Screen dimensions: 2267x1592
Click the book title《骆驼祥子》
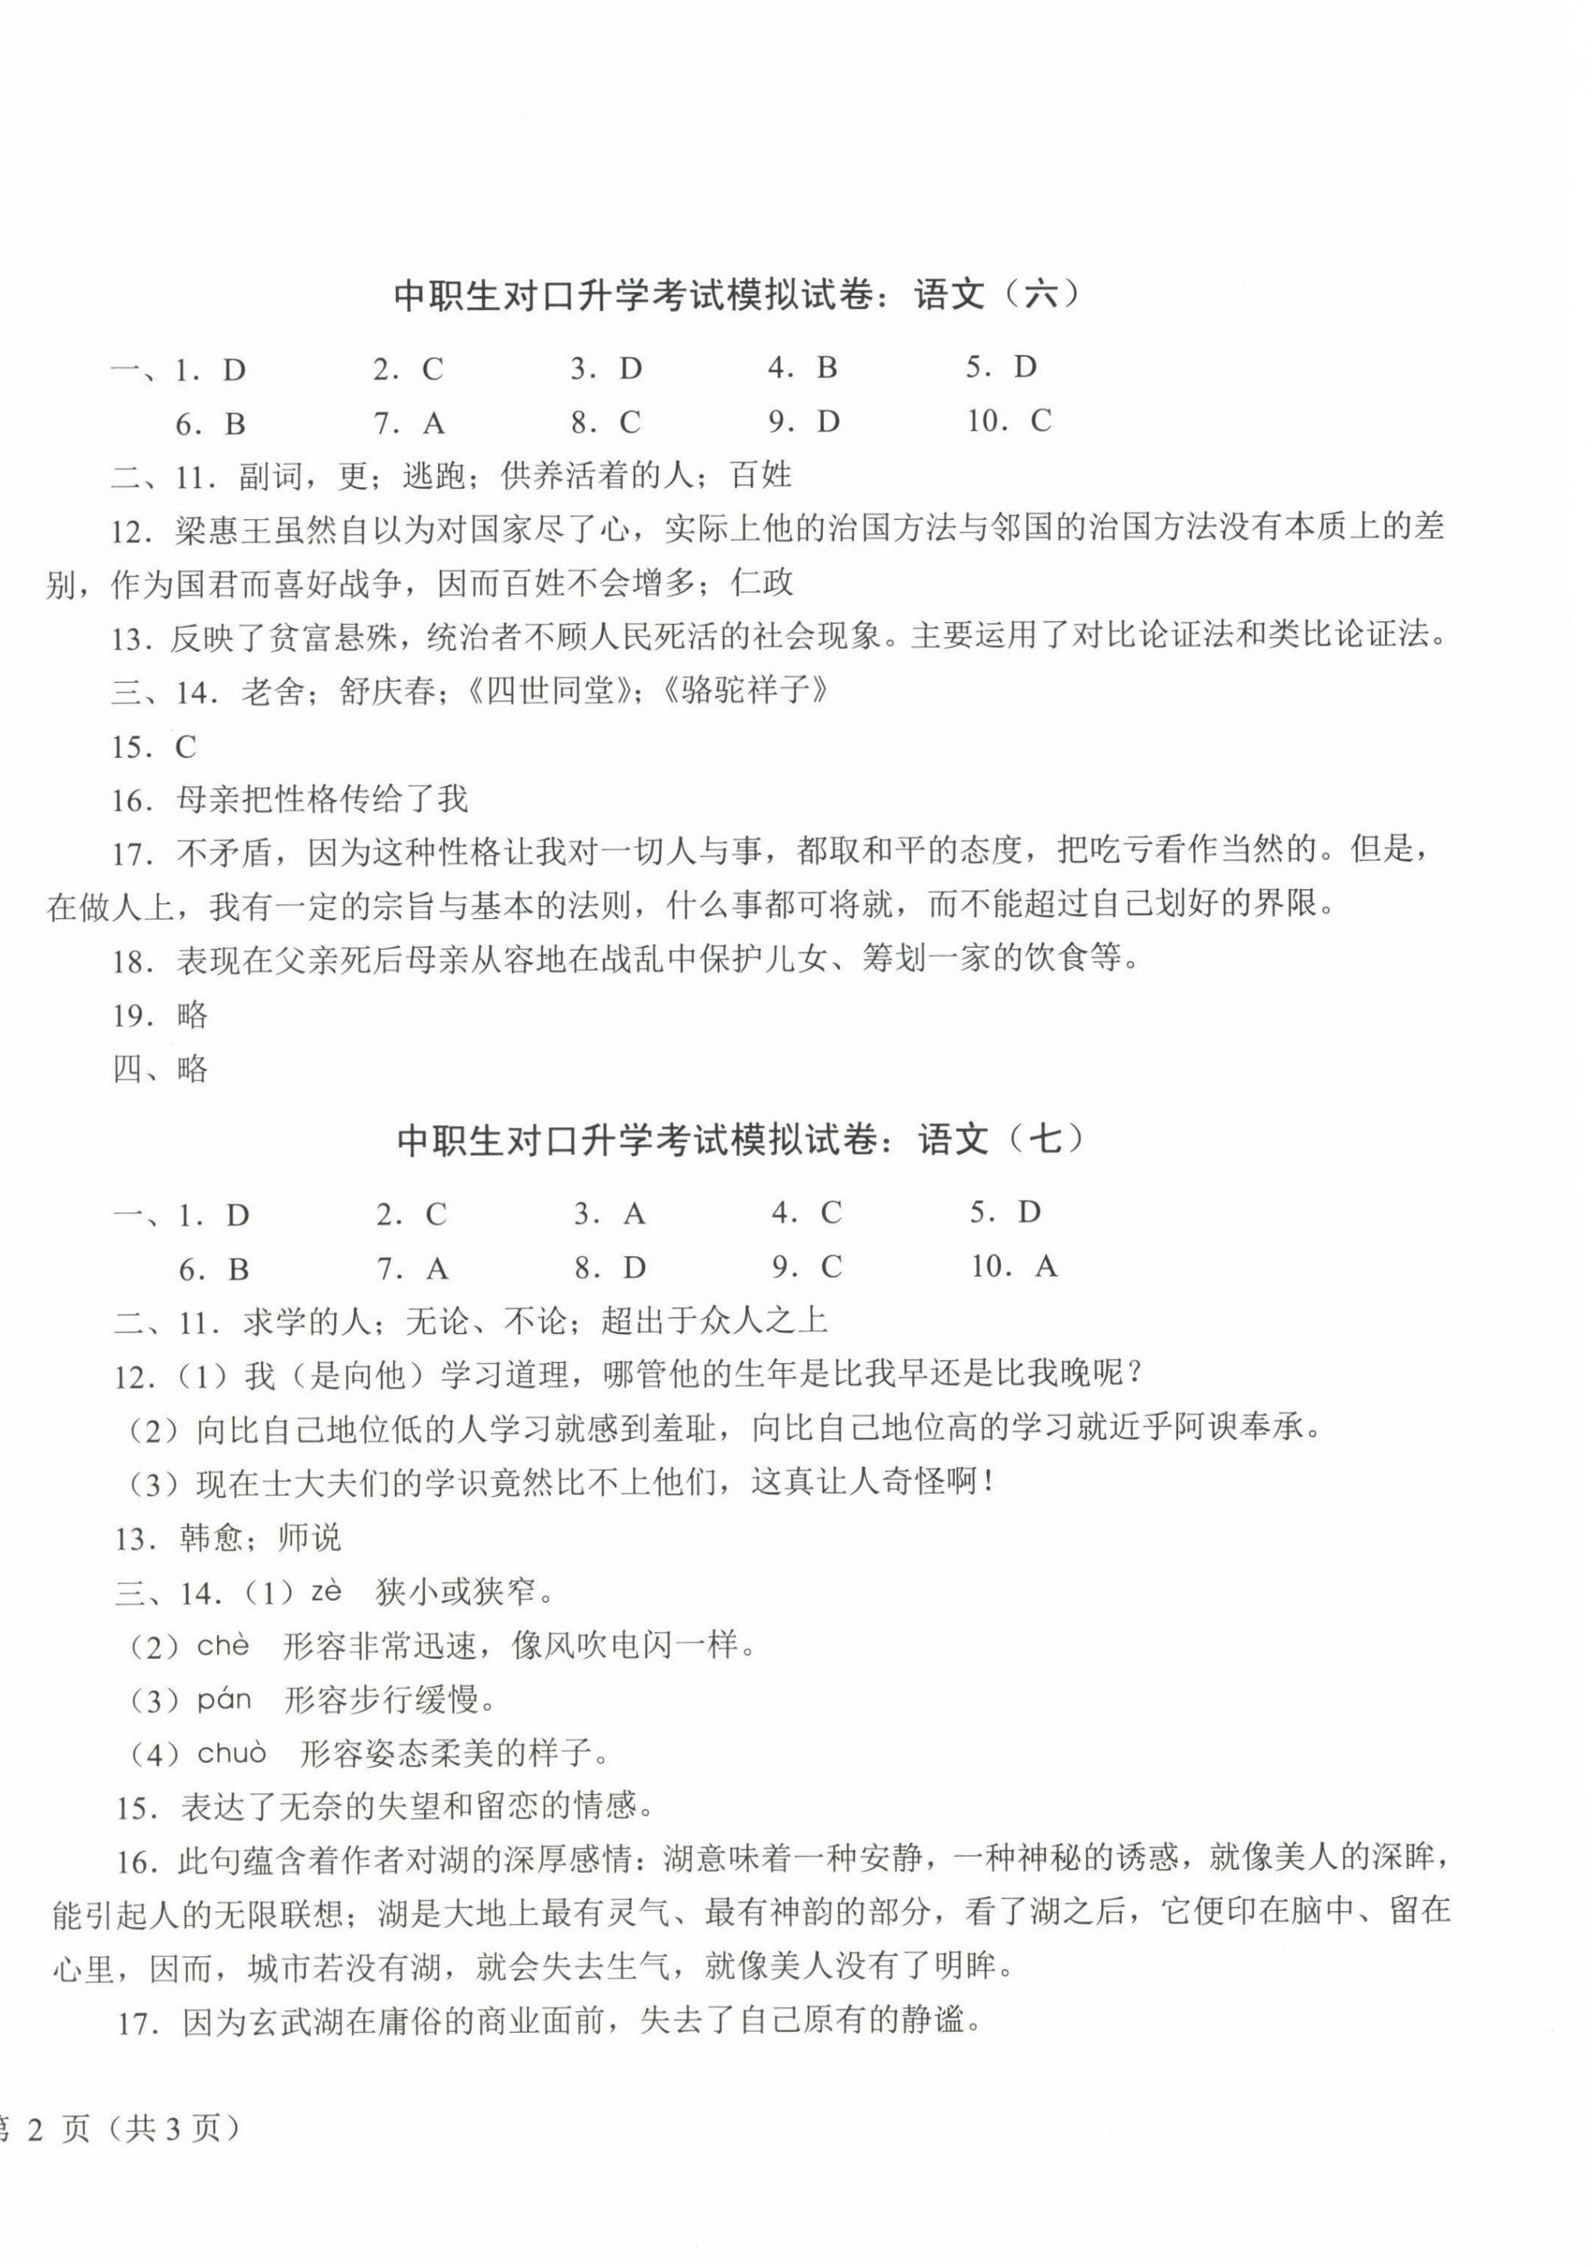point(745,691)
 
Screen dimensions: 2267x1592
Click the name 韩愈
point(212,1537)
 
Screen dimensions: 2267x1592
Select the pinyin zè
point(325,1592)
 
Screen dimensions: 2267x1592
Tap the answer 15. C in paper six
point(154,747)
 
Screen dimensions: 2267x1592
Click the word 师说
point(309,1537)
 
